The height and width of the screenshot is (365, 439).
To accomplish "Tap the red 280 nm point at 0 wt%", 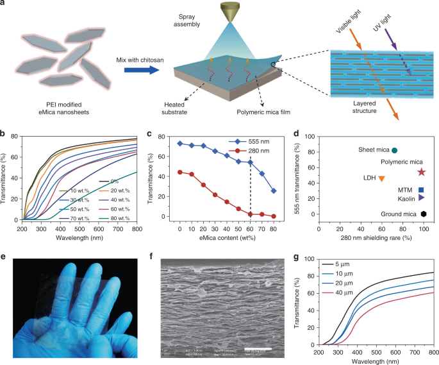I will pyautogui.click(x=180, y=172).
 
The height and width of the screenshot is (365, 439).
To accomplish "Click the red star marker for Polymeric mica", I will pyautogui.click(x=421, y=172).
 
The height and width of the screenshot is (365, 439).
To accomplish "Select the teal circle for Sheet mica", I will pyautogui.click(x=394, y=150).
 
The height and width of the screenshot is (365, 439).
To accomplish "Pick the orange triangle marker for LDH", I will pyautogui.click(x=381, y=178).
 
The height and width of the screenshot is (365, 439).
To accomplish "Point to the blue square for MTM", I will pyautogui.click(x=421, y=190).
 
